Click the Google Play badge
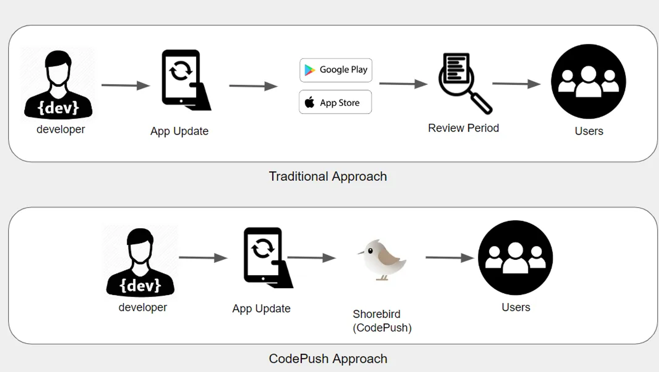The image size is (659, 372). [x=336, y=70]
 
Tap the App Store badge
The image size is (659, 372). [x=335, y=102]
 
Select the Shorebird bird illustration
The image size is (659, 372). [x=383, y=259]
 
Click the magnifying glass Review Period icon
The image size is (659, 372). [x=463, y=82]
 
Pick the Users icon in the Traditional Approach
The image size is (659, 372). [x=588, y=82]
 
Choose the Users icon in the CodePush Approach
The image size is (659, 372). [x=515, y=258]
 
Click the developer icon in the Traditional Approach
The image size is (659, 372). [x=58, y=84]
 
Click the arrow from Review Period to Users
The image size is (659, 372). [x=516, y=84]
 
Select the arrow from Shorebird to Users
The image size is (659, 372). [x=449, y=257]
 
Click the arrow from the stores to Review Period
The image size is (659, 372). [x=403, y=84]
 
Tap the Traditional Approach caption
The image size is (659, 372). [x=328, y=176]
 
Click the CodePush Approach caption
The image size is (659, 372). [x=328, y=358]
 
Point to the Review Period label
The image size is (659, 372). [x=463, y=128]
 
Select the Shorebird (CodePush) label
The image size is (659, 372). [x=382, y=321]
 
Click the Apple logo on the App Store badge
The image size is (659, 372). [x=310, y=102]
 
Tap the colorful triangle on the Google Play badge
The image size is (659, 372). [x=309, y=70]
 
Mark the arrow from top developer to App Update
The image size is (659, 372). [x=125, y=85]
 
